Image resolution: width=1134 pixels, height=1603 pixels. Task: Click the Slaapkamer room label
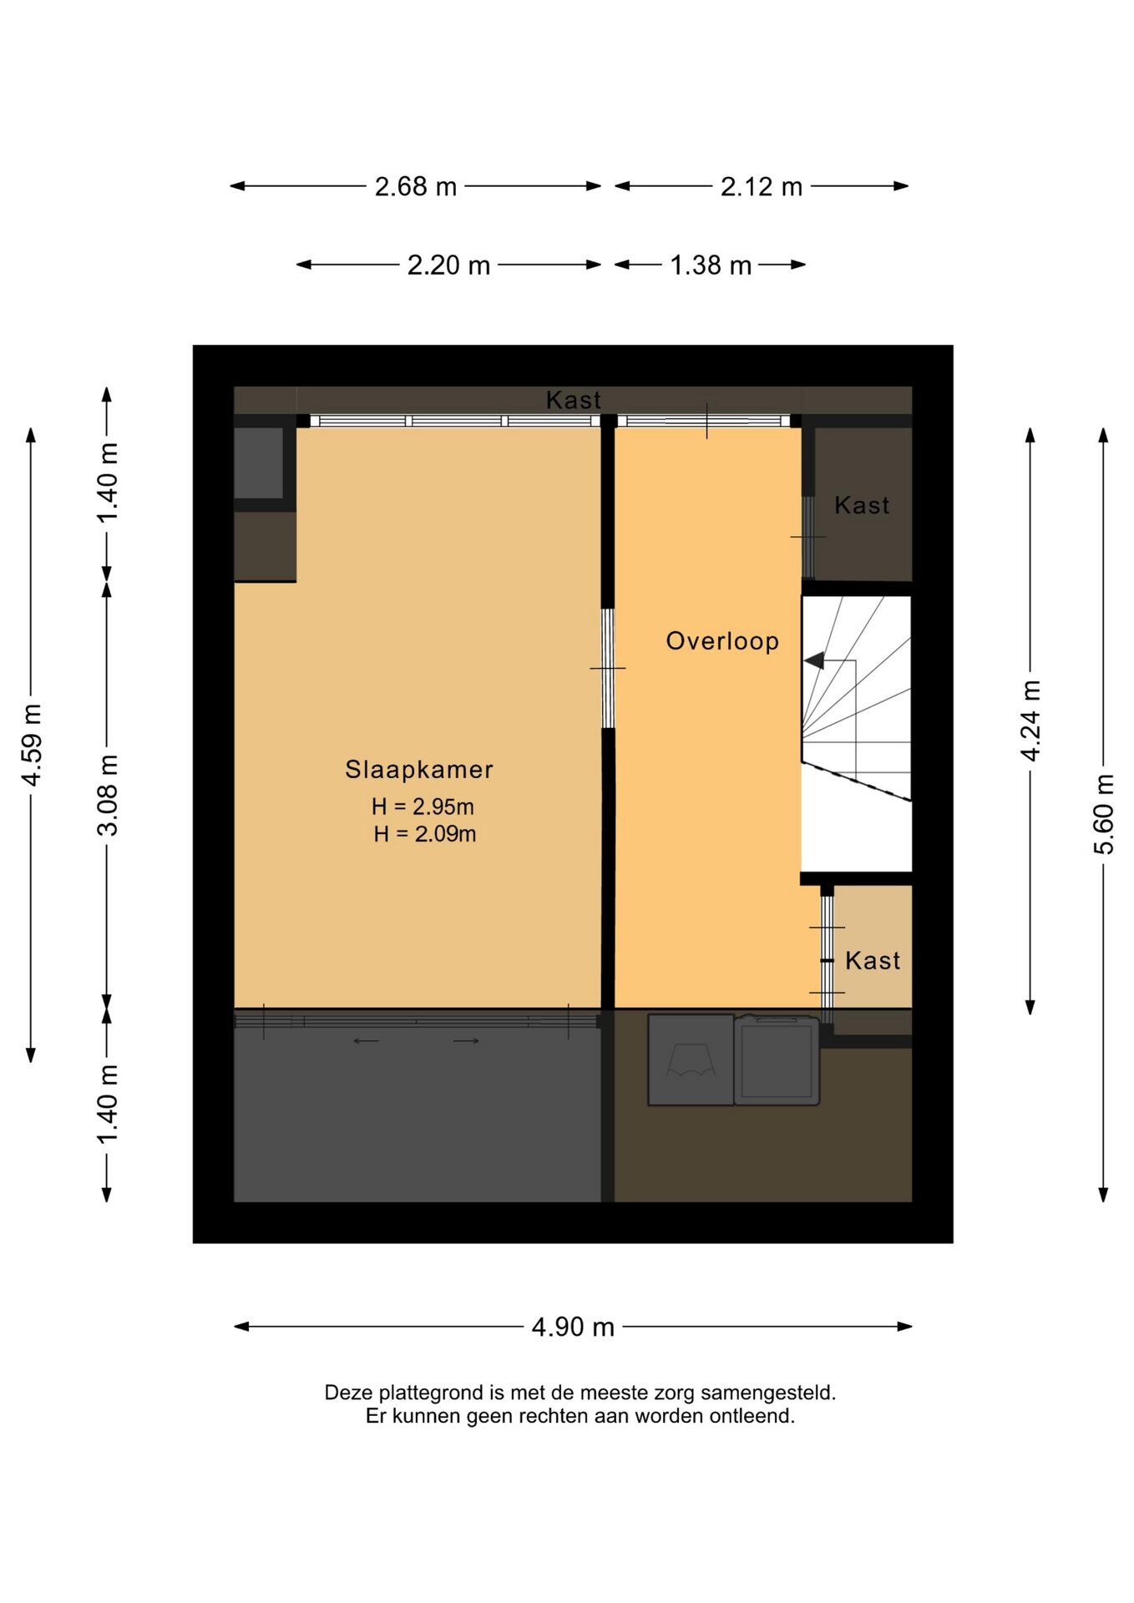[x=419, y=770]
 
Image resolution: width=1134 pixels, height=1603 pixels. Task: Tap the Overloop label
[x=722, y=641]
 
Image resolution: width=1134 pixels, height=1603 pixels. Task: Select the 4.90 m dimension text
[x=573, y=1327]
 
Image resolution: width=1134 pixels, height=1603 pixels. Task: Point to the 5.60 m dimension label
[x=1104, y=814]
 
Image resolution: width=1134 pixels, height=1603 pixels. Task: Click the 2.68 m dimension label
[x=416, y=186]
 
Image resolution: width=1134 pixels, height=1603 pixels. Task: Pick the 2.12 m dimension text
[x=762, y=186]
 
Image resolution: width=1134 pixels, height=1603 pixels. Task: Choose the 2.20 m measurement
[x=448, y=265]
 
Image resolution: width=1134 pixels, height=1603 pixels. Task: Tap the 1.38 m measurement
[x=711, y=265]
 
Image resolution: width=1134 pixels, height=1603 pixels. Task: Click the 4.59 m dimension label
[x=32, y=745]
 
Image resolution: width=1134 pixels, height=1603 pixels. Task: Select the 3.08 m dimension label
[x=108, y=795]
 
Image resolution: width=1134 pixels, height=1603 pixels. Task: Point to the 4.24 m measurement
[x=1031, y=721]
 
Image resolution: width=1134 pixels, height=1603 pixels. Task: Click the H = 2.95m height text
[x=423, y=807]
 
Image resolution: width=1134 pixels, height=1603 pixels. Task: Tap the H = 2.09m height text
[x=425, y=834]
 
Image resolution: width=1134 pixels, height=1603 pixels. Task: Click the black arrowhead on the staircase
[x=814, y=660]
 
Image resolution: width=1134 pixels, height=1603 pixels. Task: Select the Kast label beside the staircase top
[x=862, y=505]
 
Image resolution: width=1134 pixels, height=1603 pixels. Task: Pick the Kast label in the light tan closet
[x=873, y=961]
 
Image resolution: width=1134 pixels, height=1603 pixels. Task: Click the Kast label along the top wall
[x=574, y=400]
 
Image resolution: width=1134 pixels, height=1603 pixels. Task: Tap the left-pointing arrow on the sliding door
[x=367, y=1041]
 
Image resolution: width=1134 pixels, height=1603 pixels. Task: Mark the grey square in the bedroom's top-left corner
[x=259, y=463]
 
